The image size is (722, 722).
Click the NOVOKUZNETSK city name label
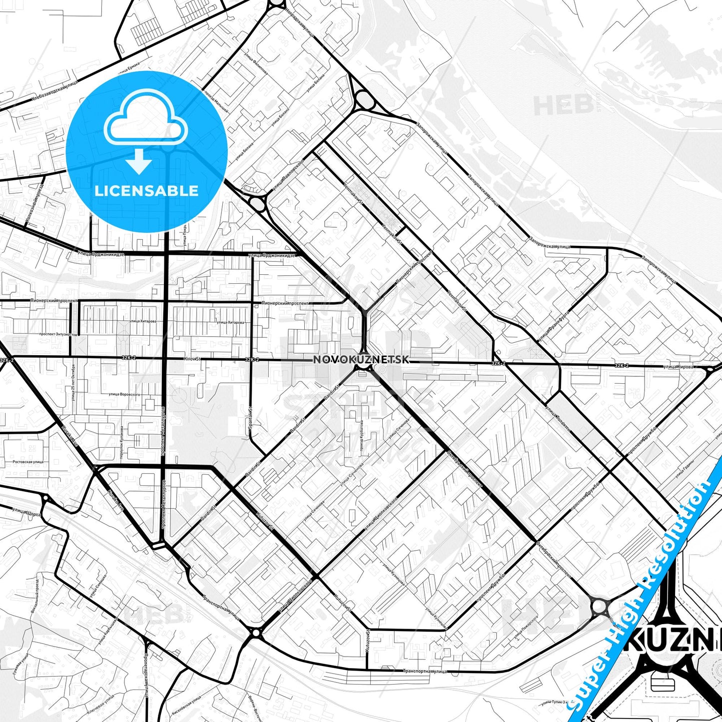point(361,359)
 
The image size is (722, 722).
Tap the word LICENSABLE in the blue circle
point(146,191)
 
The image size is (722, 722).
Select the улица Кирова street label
point(678,367)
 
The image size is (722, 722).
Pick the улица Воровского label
point(124,394)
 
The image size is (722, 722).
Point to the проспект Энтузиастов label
point(58,334)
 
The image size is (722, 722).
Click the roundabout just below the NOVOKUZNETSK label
point(363,367)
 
